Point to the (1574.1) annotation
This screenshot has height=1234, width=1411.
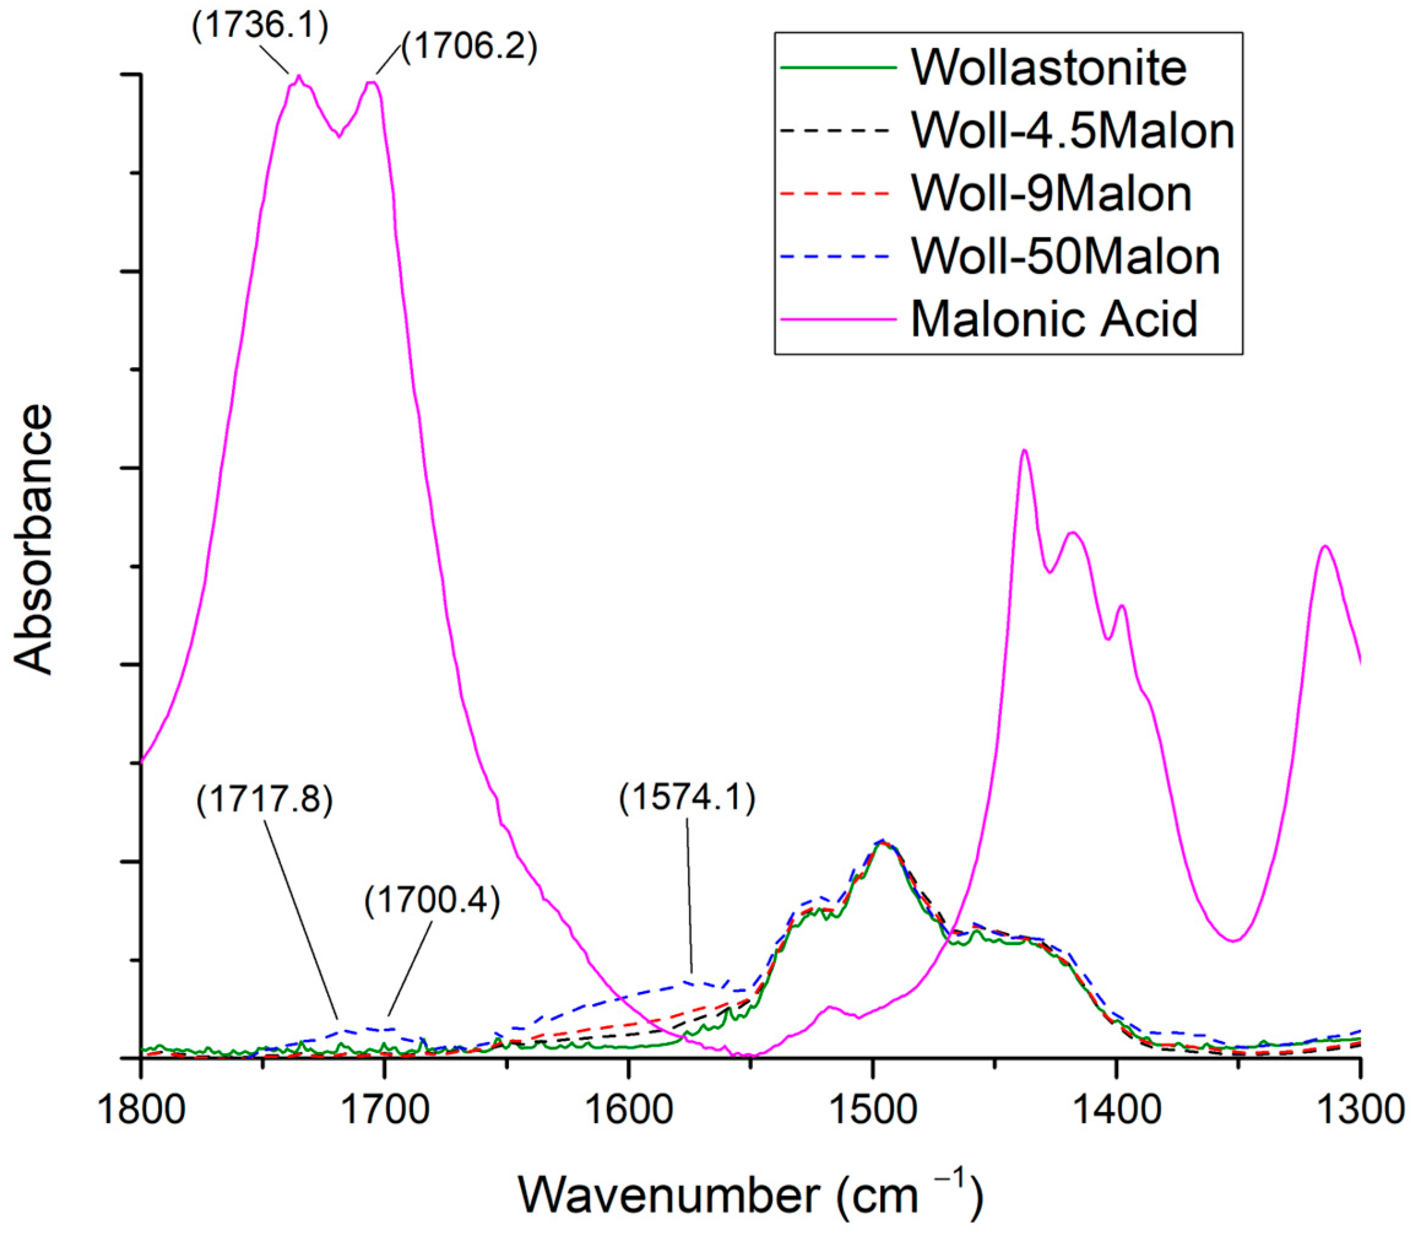687,799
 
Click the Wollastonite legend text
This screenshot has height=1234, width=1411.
1049,68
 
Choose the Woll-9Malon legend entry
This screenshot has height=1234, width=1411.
1052,194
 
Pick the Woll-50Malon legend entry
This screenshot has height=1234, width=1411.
1065,257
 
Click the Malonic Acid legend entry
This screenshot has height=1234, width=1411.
1054,319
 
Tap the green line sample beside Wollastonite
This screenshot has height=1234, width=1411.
839,68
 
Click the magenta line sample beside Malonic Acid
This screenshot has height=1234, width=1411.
839,319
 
